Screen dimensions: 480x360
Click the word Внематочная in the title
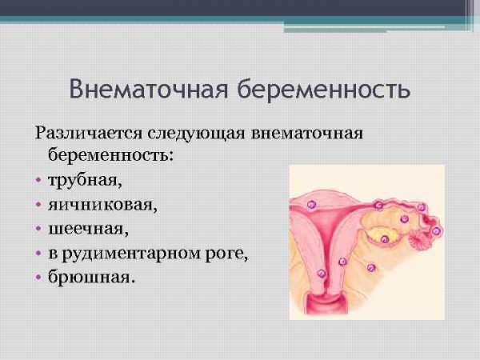click(149, 89)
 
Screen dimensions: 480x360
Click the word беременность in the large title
click(324, 89)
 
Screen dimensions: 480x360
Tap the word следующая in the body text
click(196, 134)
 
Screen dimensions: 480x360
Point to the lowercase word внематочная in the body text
click(306, 134)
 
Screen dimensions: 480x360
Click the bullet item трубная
click(85, 180)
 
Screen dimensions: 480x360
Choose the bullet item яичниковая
click(103, 205)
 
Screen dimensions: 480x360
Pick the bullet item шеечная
click(89, 230)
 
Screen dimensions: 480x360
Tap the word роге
click(226, 255)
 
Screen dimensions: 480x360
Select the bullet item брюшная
click(91, 277)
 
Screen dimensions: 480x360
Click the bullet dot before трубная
click(38, 180)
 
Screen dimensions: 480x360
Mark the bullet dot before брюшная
click(38, 278)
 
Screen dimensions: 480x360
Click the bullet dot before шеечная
click(38, 229)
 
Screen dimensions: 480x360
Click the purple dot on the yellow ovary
click(385, 239)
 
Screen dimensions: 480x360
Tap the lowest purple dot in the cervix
click(322, 273)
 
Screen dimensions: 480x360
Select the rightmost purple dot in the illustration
click(437, 231)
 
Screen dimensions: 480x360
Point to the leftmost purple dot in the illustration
click(311, 204)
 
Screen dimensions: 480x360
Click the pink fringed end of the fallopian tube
click(419, 238)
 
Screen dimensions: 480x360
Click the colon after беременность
click(170, 156)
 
